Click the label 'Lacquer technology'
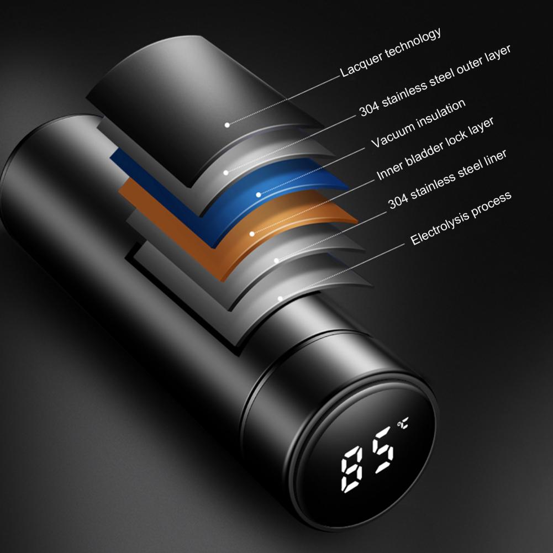point(391,52)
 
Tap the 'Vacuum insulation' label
point(419,123)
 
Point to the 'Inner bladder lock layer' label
point(435,149)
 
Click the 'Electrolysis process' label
point(461,218)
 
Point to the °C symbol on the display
point(403,423)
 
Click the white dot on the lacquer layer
point(227,125)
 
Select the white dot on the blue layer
point(259,194)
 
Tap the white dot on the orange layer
point(252,234)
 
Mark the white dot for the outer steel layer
point(226,172)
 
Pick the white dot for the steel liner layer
point(276,261)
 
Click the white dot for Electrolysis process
point(280,299)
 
